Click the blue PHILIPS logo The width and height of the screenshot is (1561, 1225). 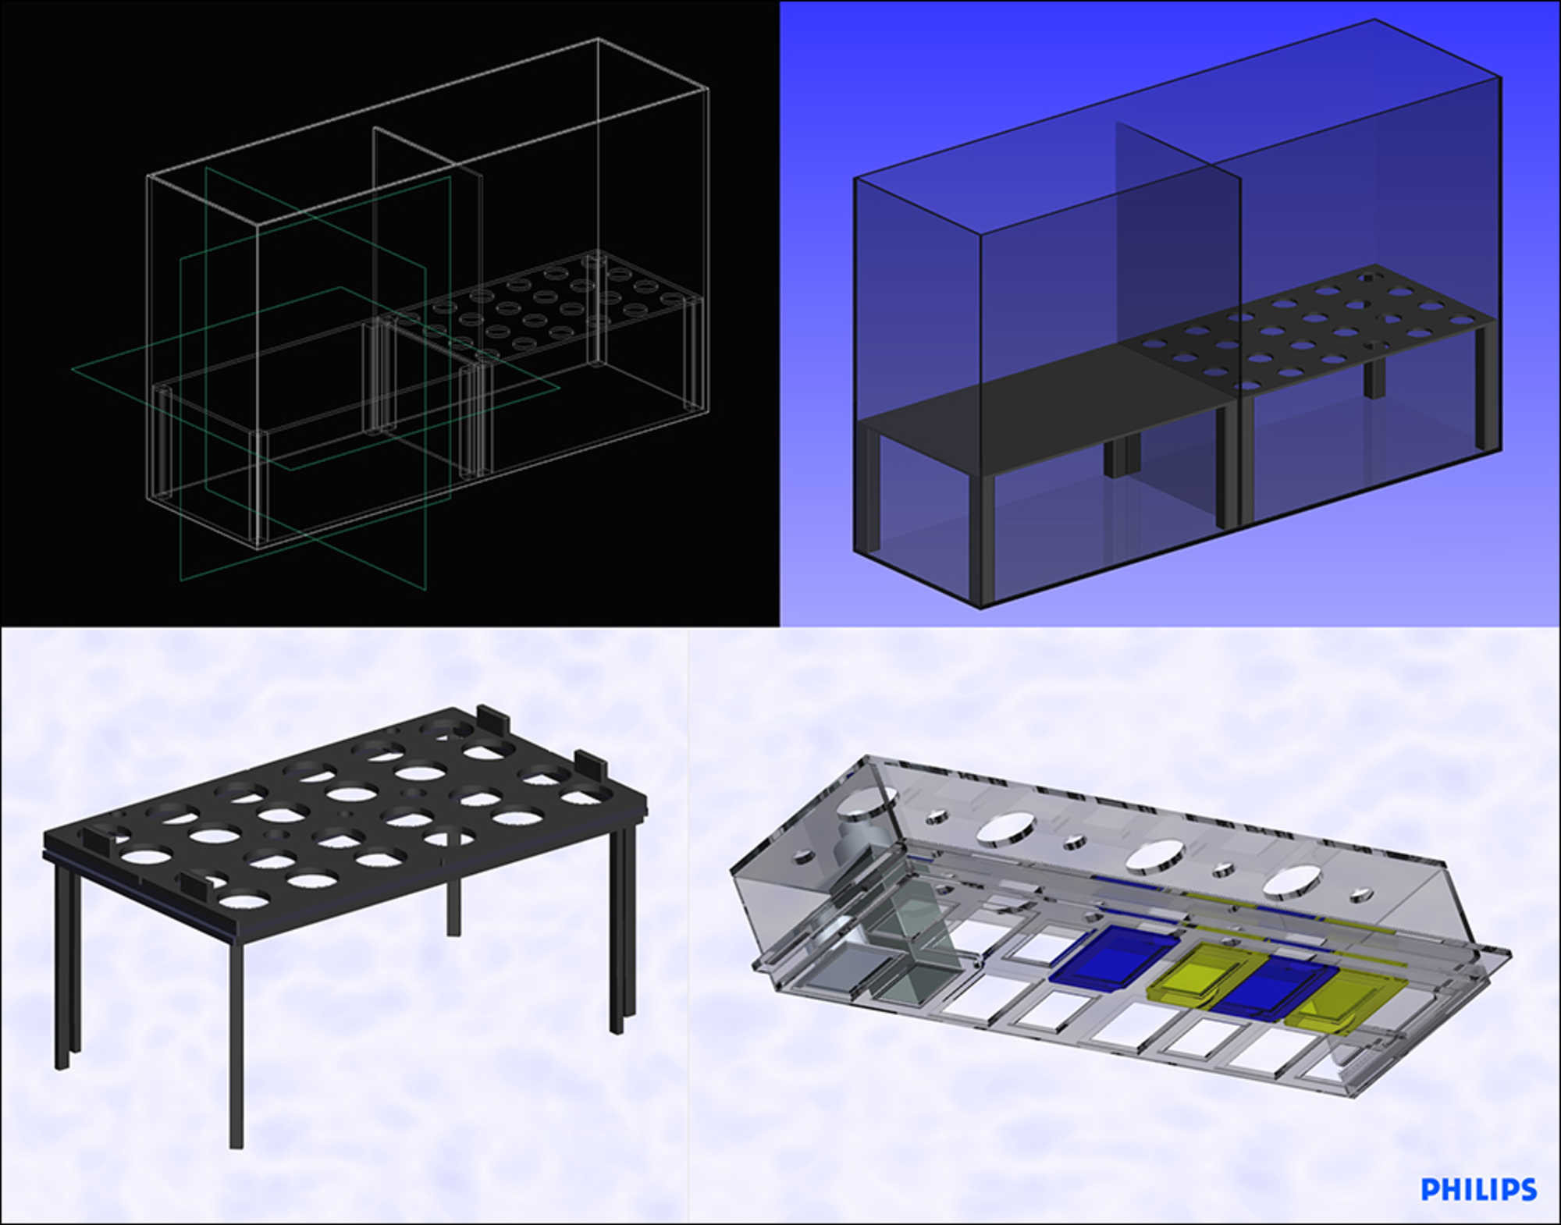(x=1478, y=1189)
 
